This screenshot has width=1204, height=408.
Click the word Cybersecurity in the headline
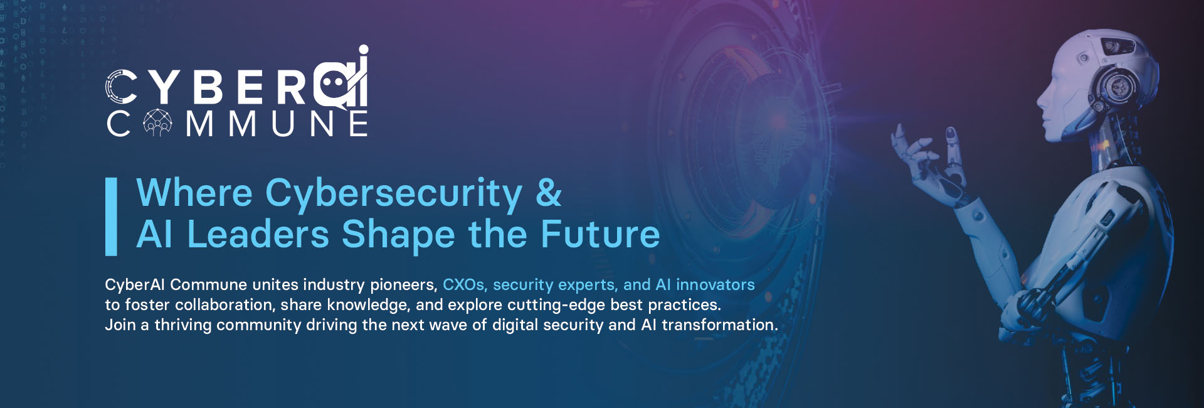[x=393, y=193]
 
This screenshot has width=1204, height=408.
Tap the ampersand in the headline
[x=549, y=193]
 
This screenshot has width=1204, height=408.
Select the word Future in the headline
[x=600, y=234]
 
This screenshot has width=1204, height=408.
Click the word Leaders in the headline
[x=258, y=234]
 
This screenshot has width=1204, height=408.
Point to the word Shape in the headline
[x=398, y=235]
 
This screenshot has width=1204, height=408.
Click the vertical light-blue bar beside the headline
[x=111, y=217]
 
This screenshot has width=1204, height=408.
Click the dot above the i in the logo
[x=362, y=50]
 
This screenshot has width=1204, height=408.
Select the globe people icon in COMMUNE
[x=157, y=123]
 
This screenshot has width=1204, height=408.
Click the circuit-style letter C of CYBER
[x=121, y=87]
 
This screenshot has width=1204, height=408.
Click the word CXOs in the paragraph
[x=464, y=285]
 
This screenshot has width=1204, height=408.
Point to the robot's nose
[x=1040, y=100]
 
